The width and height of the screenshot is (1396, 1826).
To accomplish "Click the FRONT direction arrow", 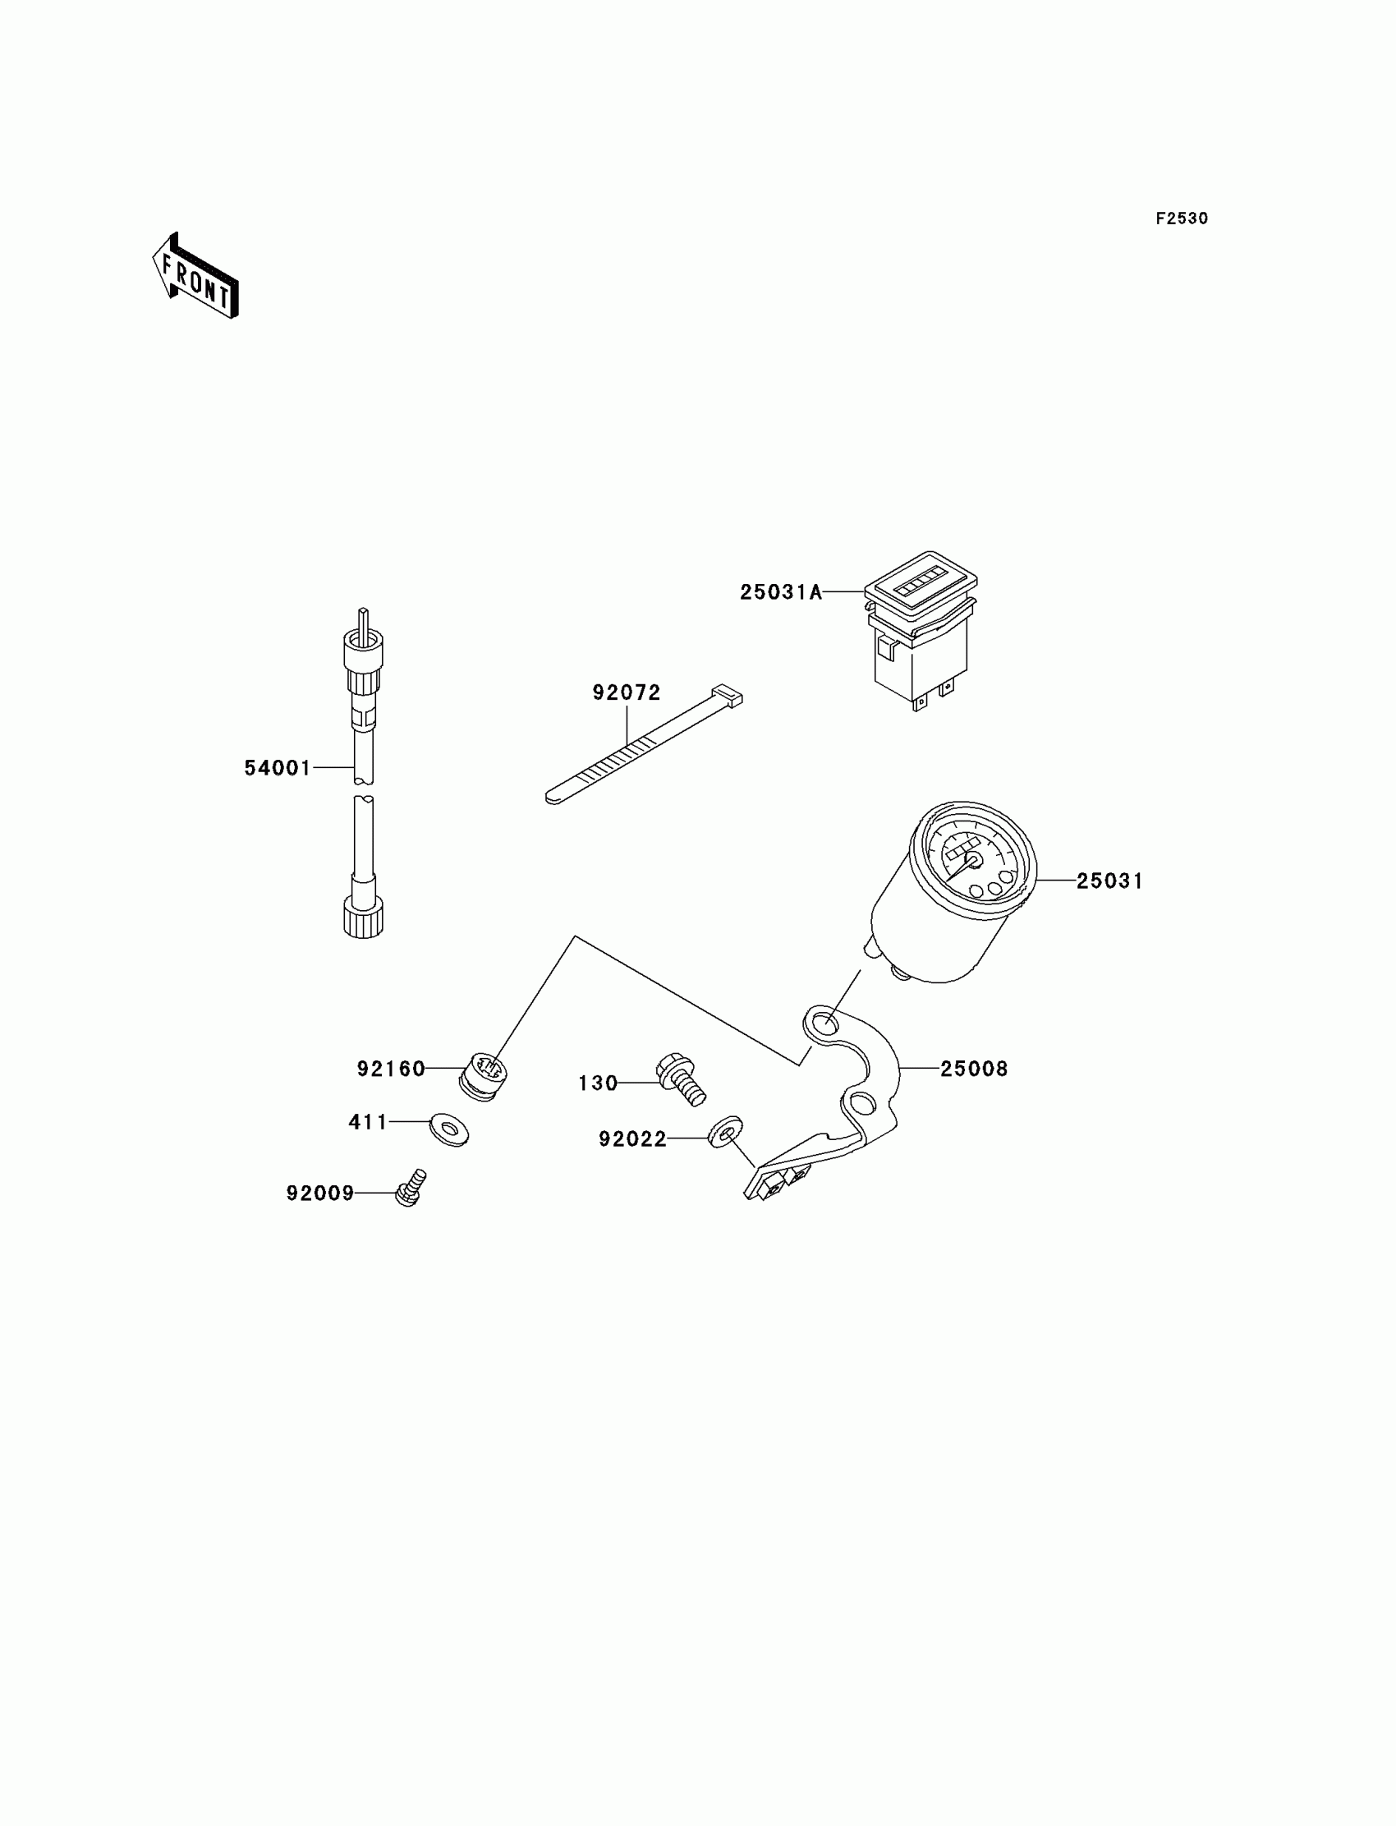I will tap(196, 277).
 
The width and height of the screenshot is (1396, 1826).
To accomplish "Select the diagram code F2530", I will tap(1182, 218).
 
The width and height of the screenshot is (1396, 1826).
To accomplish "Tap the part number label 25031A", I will tap(780, 591).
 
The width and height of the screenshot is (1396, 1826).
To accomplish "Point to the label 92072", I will tap(627, 692).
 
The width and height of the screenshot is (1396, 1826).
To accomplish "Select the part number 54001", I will tap(278, 768).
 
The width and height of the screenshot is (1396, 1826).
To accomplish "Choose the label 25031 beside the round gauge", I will tap(1109, 881).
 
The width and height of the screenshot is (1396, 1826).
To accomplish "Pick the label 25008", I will tap(974, 1069).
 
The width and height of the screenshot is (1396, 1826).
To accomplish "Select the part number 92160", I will tap(392, 1069).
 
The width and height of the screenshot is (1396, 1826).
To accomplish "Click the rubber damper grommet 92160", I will tap(484, 1076).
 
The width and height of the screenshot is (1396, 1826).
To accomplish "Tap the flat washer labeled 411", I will tap(449, 1129).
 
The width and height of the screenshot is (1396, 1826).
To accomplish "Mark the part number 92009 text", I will tap(320, 1194).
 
